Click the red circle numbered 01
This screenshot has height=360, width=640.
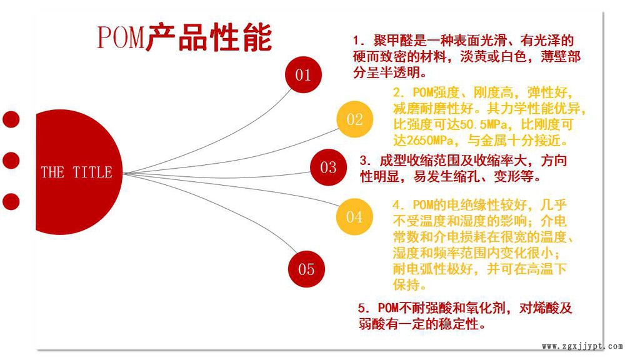[303, 75]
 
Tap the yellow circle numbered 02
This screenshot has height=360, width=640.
[355, 119]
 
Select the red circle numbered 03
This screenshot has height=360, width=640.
[328, 167]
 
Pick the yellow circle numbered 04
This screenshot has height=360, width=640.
[354, 217]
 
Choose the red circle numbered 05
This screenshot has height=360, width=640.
[306, 269]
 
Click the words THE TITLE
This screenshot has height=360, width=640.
[76, 172]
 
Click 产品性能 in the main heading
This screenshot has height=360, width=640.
[209, 37]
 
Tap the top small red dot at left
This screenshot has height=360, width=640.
[11, 119]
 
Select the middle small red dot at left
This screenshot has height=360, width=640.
[11, 160]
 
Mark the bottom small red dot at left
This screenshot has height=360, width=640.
[11, 202]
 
